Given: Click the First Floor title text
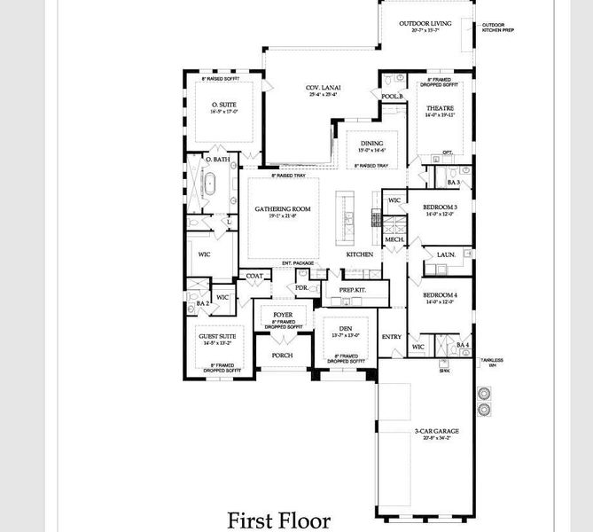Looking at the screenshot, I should point(278,519).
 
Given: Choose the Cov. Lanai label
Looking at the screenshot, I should point(324,88).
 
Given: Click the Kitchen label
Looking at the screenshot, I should point(359,254).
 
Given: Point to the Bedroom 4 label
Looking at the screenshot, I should point(440,294).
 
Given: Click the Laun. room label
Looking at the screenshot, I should point(447,254).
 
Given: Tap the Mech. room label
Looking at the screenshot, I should point(394,240).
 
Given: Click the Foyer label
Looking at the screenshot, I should point(283,314).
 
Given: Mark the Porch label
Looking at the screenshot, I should point(282,355).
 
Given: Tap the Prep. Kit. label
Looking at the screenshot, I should point(352,290).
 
